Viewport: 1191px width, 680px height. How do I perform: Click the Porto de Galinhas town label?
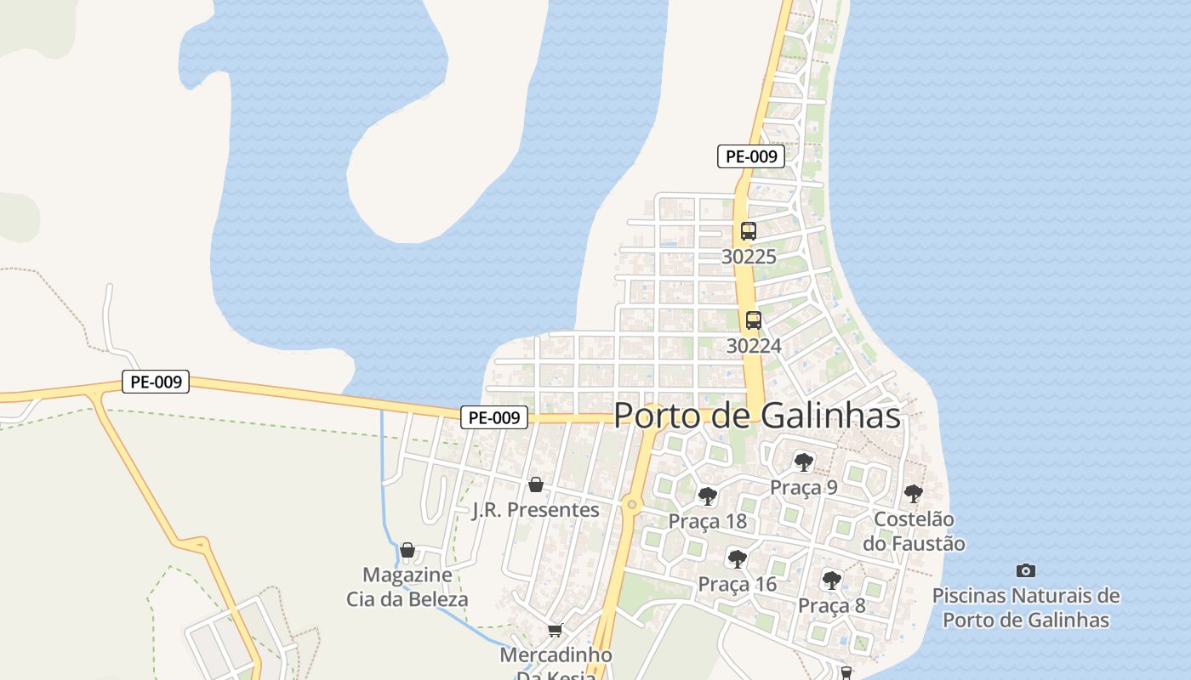[x=756, y=416]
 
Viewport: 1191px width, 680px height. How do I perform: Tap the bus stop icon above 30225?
[x=748, y=230]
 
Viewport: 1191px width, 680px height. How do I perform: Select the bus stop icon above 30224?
[x=753, y=320]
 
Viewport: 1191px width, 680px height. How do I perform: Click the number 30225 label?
[x=749, y=256]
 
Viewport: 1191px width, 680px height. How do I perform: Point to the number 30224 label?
[x=754, y=346]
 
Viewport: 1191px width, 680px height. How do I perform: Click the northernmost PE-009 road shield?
[x=750, y=156]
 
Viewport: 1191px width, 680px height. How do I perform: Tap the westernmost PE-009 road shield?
[x=156, y=382]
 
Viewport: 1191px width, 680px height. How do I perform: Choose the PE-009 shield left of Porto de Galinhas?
[x=494, y=417]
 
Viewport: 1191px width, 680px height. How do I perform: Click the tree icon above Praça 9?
[x=803, y=462]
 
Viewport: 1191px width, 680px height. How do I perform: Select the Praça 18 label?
[x=707, y=521]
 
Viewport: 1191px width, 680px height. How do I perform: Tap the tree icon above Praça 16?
[x=737, y=558]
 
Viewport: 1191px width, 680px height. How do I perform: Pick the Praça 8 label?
[x=831, y=605]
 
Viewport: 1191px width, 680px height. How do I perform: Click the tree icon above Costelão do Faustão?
[x=913, y=493]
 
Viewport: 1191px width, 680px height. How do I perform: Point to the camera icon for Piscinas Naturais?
[x=1026, y=570]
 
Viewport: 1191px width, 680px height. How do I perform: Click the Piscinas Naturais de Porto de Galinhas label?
[x=1026, y=607]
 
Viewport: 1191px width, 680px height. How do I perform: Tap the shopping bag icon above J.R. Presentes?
[x=536, y=484]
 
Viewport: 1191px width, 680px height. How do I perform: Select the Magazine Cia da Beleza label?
[x=407, y=586]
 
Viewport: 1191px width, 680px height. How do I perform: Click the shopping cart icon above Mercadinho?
[x=556, y=630]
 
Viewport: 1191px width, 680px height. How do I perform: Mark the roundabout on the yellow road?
[x=631, y=504]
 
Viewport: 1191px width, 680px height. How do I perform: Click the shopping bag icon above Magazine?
[x=407, y=550]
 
